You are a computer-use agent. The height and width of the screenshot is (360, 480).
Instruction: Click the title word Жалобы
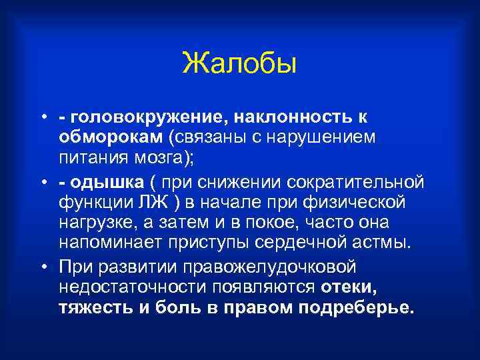click(x=239, y=65)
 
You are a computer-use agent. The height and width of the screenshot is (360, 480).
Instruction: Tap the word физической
click(x=363, y=201)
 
